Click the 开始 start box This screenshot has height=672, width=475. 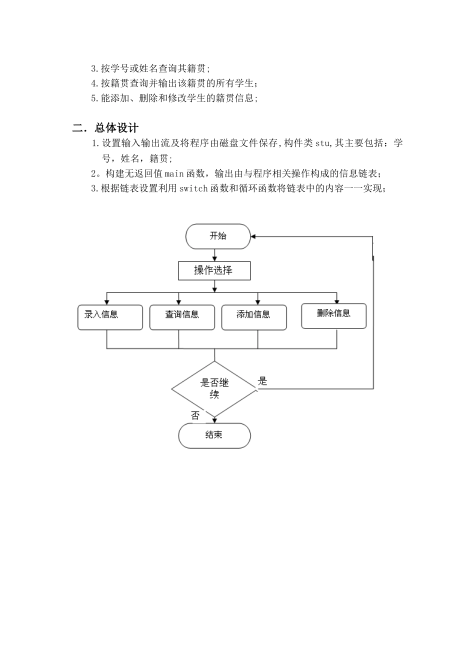218,236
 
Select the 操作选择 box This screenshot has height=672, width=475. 214,270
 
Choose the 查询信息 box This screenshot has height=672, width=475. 182,317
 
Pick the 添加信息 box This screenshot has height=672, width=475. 254,317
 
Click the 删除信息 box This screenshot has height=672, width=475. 333,315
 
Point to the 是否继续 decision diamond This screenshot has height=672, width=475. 214,389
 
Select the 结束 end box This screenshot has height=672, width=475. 214,435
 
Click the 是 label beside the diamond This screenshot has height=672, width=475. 263,381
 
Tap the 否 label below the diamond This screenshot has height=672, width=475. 195,415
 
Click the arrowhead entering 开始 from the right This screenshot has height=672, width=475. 254,236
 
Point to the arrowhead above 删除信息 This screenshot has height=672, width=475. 336,301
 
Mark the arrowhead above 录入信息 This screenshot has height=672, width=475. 107,301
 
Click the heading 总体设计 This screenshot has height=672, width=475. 116,128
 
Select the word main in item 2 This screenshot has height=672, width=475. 174,173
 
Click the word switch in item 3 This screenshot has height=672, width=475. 192,188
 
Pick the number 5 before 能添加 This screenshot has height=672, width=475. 94,98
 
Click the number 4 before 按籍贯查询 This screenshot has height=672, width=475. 94,83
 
